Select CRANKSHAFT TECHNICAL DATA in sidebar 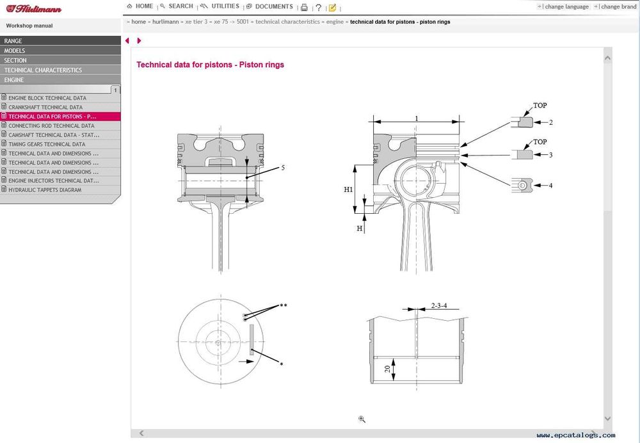[x=45, y=108]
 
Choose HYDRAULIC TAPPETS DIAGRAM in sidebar [x=45, y=190]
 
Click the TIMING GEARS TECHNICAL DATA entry [x=46, y=144]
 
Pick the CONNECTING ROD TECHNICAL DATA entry [x=51, y=126]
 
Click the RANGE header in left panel [x=13, y=41]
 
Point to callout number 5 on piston [x=282, y=168]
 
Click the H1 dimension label [x=348, y=190]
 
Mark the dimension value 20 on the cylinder [x=388, y=369]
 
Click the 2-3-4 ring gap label [x=439, y=306]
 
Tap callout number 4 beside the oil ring [x=550, y=186]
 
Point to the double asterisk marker [x=284, y=306]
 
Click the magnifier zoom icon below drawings [x=362, y=419]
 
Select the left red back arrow [x=127, y=41]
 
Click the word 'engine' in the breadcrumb [x=335, y=22]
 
